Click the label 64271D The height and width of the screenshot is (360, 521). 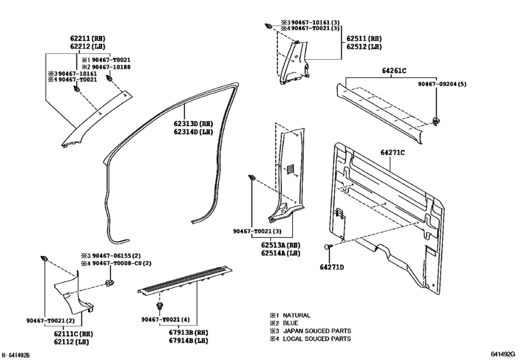(333, 266)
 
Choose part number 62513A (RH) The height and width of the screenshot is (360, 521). (280, 245)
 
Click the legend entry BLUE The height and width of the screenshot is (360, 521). (293, 323)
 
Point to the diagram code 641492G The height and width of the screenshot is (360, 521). (502, 354)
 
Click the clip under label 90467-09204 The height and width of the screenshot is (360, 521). (436, 120)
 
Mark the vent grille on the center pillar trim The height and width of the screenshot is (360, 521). (291, 169)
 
